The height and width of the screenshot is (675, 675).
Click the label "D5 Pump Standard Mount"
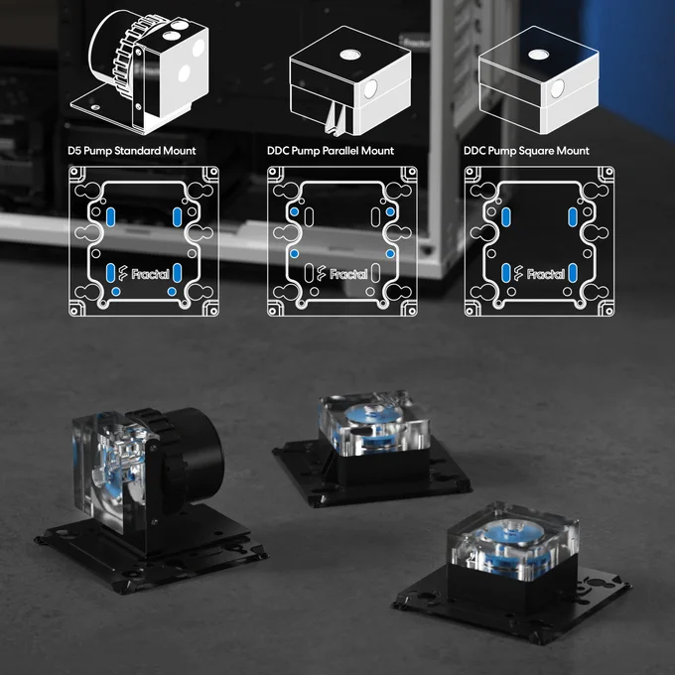tap(132, 151)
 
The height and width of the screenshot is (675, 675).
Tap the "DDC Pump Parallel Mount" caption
tap(331, 151)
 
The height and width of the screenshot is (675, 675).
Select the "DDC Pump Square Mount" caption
tap(526, 151)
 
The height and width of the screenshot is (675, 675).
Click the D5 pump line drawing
tap(140, 71)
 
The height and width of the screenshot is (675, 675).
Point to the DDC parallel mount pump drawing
tap(350, 79)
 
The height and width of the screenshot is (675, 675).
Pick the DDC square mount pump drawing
tap(539, 79)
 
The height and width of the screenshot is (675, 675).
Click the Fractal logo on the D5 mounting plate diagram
tap(144, 273)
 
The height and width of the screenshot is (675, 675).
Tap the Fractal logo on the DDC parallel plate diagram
tap(342, 273)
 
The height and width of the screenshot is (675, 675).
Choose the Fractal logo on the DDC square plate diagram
tap(539, 273)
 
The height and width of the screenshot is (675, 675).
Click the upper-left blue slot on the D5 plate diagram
tap(110, 217)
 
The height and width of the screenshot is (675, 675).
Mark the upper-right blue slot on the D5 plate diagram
tap(177, 217)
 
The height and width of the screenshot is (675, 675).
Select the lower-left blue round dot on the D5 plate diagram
tap(116, 292)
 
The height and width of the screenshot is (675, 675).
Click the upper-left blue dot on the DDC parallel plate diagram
tap(295, 211)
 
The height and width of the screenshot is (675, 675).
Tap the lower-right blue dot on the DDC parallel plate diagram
tap(390, 253)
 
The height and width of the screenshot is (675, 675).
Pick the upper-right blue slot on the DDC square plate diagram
tap(572, 217)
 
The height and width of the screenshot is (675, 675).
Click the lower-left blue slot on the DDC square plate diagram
tap(506, 273)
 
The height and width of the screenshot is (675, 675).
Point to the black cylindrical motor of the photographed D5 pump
tap(192, 448)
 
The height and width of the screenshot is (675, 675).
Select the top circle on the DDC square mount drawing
tap(539, 55)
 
